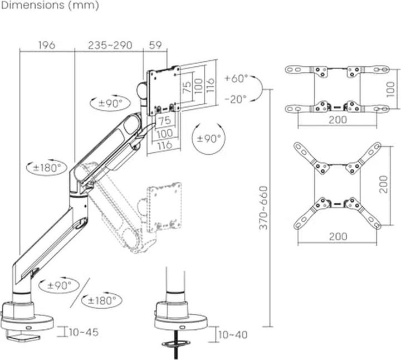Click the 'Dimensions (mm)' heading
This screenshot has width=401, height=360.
(x=50, y=6)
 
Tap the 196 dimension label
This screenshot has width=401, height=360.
(x=47, y=45)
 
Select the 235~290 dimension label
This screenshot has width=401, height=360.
(x=110, y=45)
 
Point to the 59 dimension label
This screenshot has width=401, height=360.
(x=155, y=45)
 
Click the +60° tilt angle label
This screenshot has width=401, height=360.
(x=236, y=78)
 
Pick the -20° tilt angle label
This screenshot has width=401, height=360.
(x=236, y=99)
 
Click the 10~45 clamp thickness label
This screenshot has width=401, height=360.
(x=84, y=332)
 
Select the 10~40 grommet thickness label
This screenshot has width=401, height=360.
(x=233, y=335)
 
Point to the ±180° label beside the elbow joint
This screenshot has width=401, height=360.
(x=47, y=168)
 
